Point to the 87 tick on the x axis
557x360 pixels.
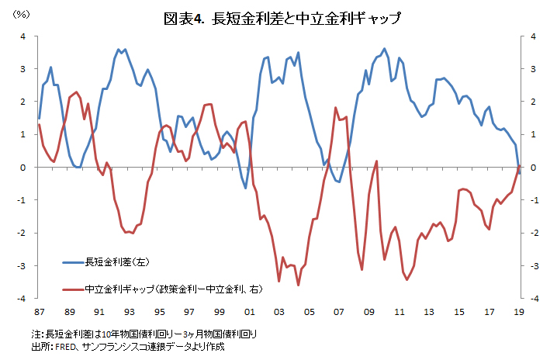click(x=39, y=311)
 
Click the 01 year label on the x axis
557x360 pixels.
click(x=249, y=311)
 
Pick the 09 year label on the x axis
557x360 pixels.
click(x=369, y=311)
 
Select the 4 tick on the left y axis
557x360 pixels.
click(x=23, y=36)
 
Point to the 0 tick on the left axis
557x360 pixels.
click(x=23, y=168)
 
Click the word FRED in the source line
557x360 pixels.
click(x=65, y=347)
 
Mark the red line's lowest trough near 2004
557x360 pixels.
click(x=298, y=286)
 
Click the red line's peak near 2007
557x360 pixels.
click(x=335, y=108)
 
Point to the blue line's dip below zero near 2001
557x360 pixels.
click(x=246, y=188)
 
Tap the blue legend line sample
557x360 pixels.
click(x=72, y=260)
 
